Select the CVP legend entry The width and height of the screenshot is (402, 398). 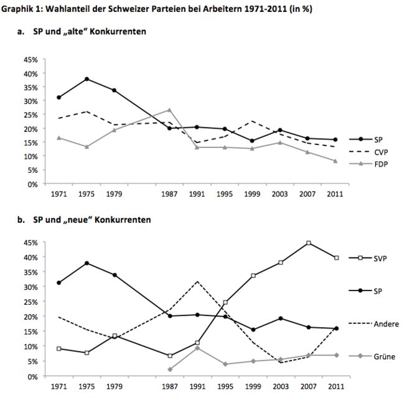[x=383, y=152]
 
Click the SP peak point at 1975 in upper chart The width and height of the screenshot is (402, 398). [x=86, y=79]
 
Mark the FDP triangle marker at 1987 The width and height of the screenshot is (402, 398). [x=169, y=110]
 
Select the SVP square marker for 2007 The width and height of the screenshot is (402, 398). [x=309, y=243]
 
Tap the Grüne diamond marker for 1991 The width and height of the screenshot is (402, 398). [x=197, y=348]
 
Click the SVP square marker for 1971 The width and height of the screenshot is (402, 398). [x=58, y=349]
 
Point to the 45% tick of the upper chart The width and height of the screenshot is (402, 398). [x=30, y=60]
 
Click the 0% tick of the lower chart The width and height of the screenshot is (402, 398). [x=32, y=376]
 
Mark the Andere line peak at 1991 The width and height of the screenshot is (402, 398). [x=197, y=281]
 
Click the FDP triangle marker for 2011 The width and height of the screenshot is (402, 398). [x=336, y=161]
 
